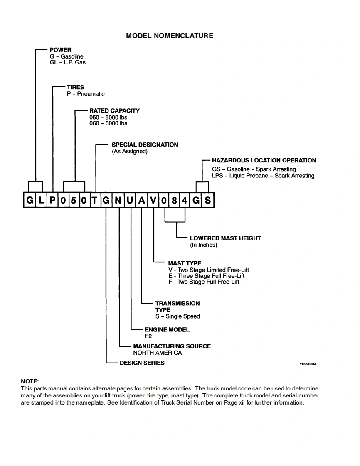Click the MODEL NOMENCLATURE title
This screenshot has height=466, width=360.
click(170, 36)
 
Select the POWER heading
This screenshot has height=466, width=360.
click(60, 50)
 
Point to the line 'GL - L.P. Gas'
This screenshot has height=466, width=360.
click(67, 62)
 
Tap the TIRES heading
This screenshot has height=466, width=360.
click(75, 87)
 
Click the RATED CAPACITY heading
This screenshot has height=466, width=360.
click(114, 111)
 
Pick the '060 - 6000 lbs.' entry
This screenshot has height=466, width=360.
click(109, 123)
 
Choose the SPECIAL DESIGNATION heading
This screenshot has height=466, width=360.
click(145, 145)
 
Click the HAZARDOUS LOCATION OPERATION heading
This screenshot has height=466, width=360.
click(264, 160)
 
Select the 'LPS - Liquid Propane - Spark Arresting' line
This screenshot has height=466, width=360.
click(263, 176)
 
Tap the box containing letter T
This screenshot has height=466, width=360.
click(95, 201)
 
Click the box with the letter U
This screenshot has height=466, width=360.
click(130, 201)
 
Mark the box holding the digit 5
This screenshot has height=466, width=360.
click(73, 201)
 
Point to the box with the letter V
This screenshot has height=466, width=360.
click(153, 201)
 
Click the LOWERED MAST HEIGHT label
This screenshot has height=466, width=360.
click(225, 238)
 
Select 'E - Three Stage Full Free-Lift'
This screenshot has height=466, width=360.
click(206, 276)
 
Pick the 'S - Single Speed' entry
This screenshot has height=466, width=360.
click(178, 316)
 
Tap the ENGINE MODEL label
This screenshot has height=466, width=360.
click(167, 330)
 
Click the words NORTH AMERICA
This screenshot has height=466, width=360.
click(157, 353)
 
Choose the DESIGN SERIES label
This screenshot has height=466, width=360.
click(142, 363)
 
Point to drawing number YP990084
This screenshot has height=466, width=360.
click(308, 364)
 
